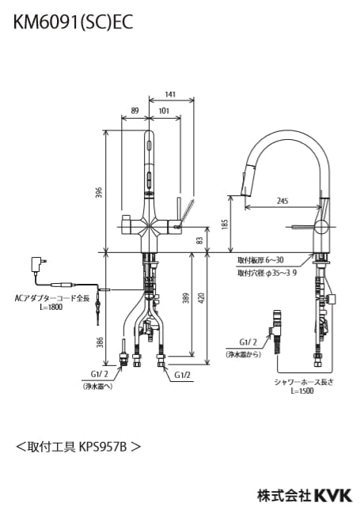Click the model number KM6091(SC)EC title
[x=74, y=22]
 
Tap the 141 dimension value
[x=170, y=94]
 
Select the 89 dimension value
[x=135, y=111]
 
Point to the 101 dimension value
[x=164, y=111]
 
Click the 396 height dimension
[x=100, y=192]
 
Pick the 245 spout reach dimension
[x=282, y=201]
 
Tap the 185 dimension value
[x=225, y=223]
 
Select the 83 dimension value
[x=200, y=240]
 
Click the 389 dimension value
[x=186, y=299]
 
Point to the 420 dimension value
[x=201, y=299]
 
